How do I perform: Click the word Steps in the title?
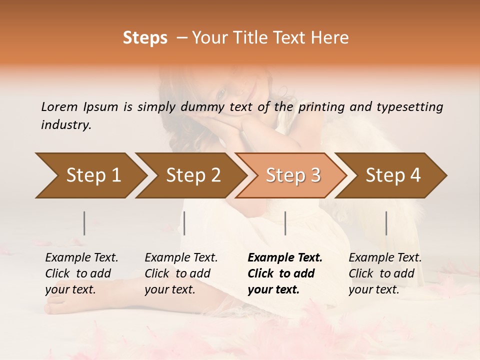(145, 38)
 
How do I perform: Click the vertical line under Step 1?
(84, 223)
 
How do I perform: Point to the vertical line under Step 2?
(184, 223)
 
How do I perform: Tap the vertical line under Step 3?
(285, 223)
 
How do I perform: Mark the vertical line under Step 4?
(386, 223)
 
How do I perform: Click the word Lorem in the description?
(59, 106)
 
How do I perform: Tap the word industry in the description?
(66, 125)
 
